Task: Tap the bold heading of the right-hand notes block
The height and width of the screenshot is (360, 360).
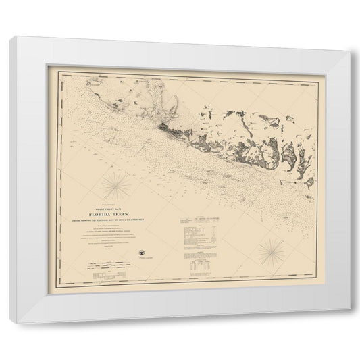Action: (x=201, y=220)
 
